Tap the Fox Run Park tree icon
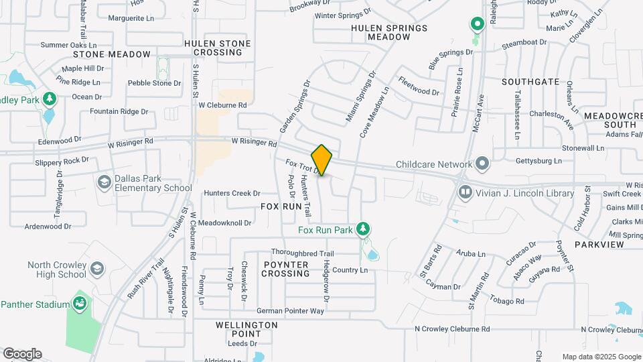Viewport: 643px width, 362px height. [363, 230]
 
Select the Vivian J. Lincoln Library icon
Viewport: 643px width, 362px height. [466, 193]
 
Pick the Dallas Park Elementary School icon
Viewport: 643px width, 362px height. [104, 182]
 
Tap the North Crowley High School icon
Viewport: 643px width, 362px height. [97, 269]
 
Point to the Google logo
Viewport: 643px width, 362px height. [22, 354]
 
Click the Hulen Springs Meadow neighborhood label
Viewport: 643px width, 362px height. [389, 32]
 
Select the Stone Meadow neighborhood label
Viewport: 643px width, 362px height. [112, 54]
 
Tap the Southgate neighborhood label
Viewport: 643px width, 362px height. [530, 81]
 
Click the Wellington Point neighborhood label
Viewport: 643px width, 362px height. [246, 329]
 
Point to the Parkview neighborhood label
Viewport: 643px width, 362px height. [599, 245]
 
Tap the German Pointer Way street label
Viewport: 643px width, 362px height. [291, 311]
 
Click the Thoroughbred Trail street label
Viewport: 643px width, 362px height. [302, 253]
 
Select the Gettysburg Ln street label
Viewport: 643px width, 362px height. [539, 161]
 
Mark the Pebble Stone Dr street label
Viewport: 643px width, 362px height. [154, 83]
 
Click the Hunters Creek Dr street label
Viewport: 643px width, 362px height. [232, 193]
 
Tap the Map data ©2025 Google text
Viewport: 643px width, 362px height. [601, 357]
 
